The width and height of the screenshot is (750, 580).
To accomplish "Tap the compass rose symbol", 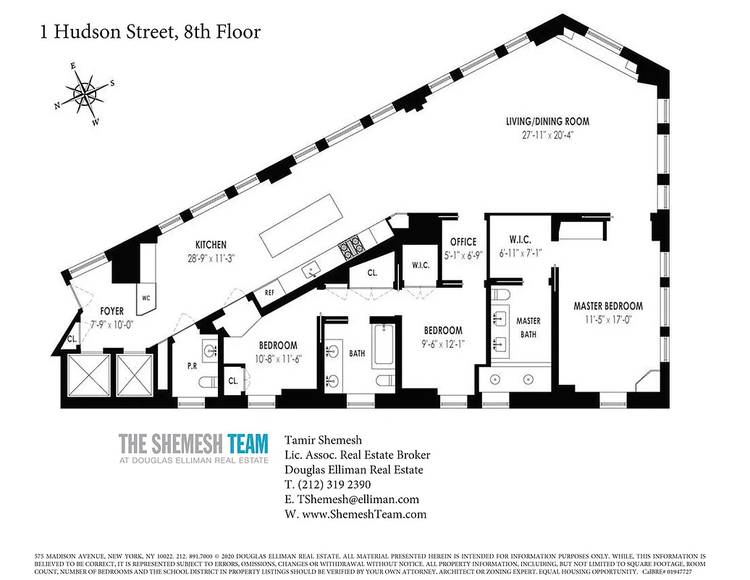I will (85, 93).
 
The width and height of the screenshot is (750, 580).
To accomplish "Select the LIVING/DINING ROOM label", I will (547, 121).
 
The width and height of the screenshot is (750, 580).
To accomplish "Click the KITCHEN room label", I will (211, 245).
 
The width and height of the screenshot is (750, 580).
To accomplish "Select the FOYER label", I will (107, 311).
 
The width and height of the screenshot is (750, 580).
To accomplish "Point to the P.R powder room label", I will (192, 366).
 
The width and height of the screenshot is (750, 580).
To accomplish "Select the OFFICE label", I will (463, 241).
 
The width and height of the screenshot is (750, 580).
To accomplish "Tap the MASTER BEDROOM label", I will (608, 306).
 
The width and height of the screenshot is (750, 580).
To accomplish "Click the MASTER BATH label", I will (528, 327).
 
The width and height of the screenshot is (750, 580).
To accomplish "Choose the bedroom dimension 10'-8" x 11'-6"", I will (278, 358).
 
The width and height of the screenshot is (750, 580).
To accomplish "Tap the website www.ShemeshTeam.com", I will (355, 514).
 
